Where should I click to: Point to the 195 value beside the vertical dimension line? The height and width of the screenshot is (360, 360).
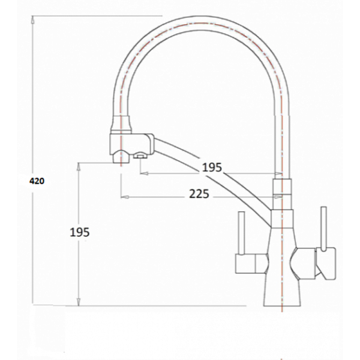coord(80,232)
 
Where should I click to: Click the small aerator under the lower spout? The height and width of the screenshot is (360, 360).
coord(140,157)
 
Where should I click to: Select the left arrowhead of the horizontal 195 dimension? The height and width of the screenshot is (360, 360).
coord(142,173)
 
